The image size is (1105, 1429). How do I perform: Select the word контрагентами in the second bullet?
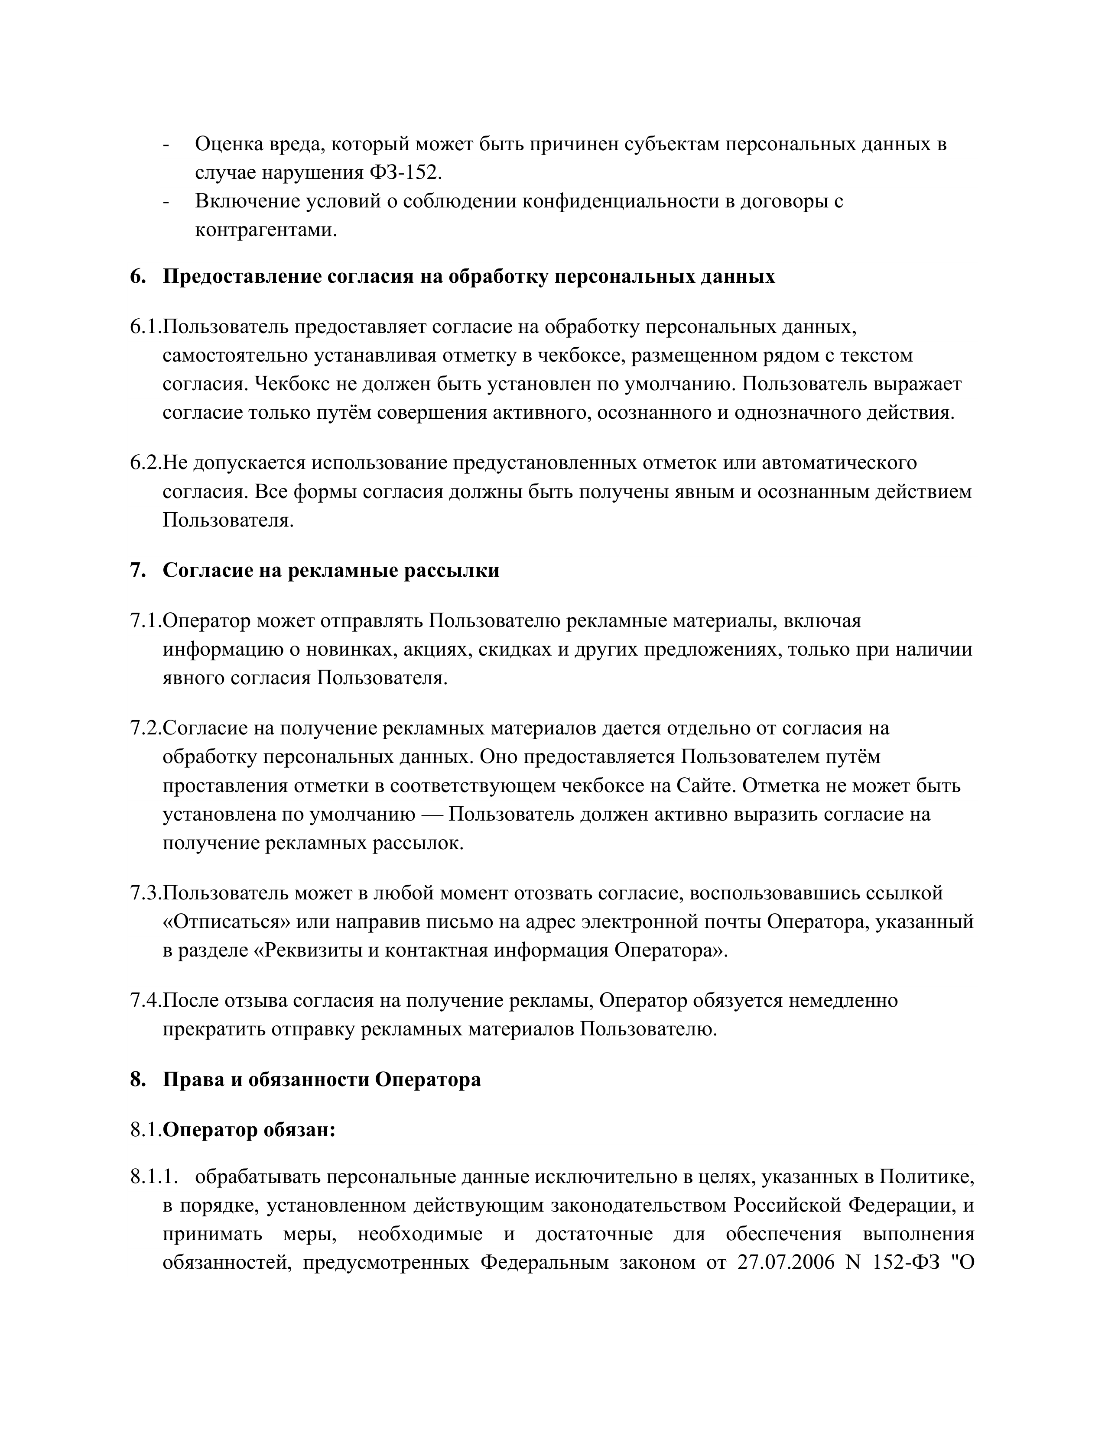point(265,230)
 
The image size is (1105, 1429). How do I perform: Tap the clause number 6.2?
point(145,462)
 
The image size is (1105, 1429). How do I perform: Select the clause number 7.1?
point(145,620)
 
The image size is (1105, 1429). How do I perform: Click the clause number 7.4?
point(145,1000)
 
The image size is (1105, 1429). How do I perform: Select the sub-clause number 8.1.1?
point(155,1177)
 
